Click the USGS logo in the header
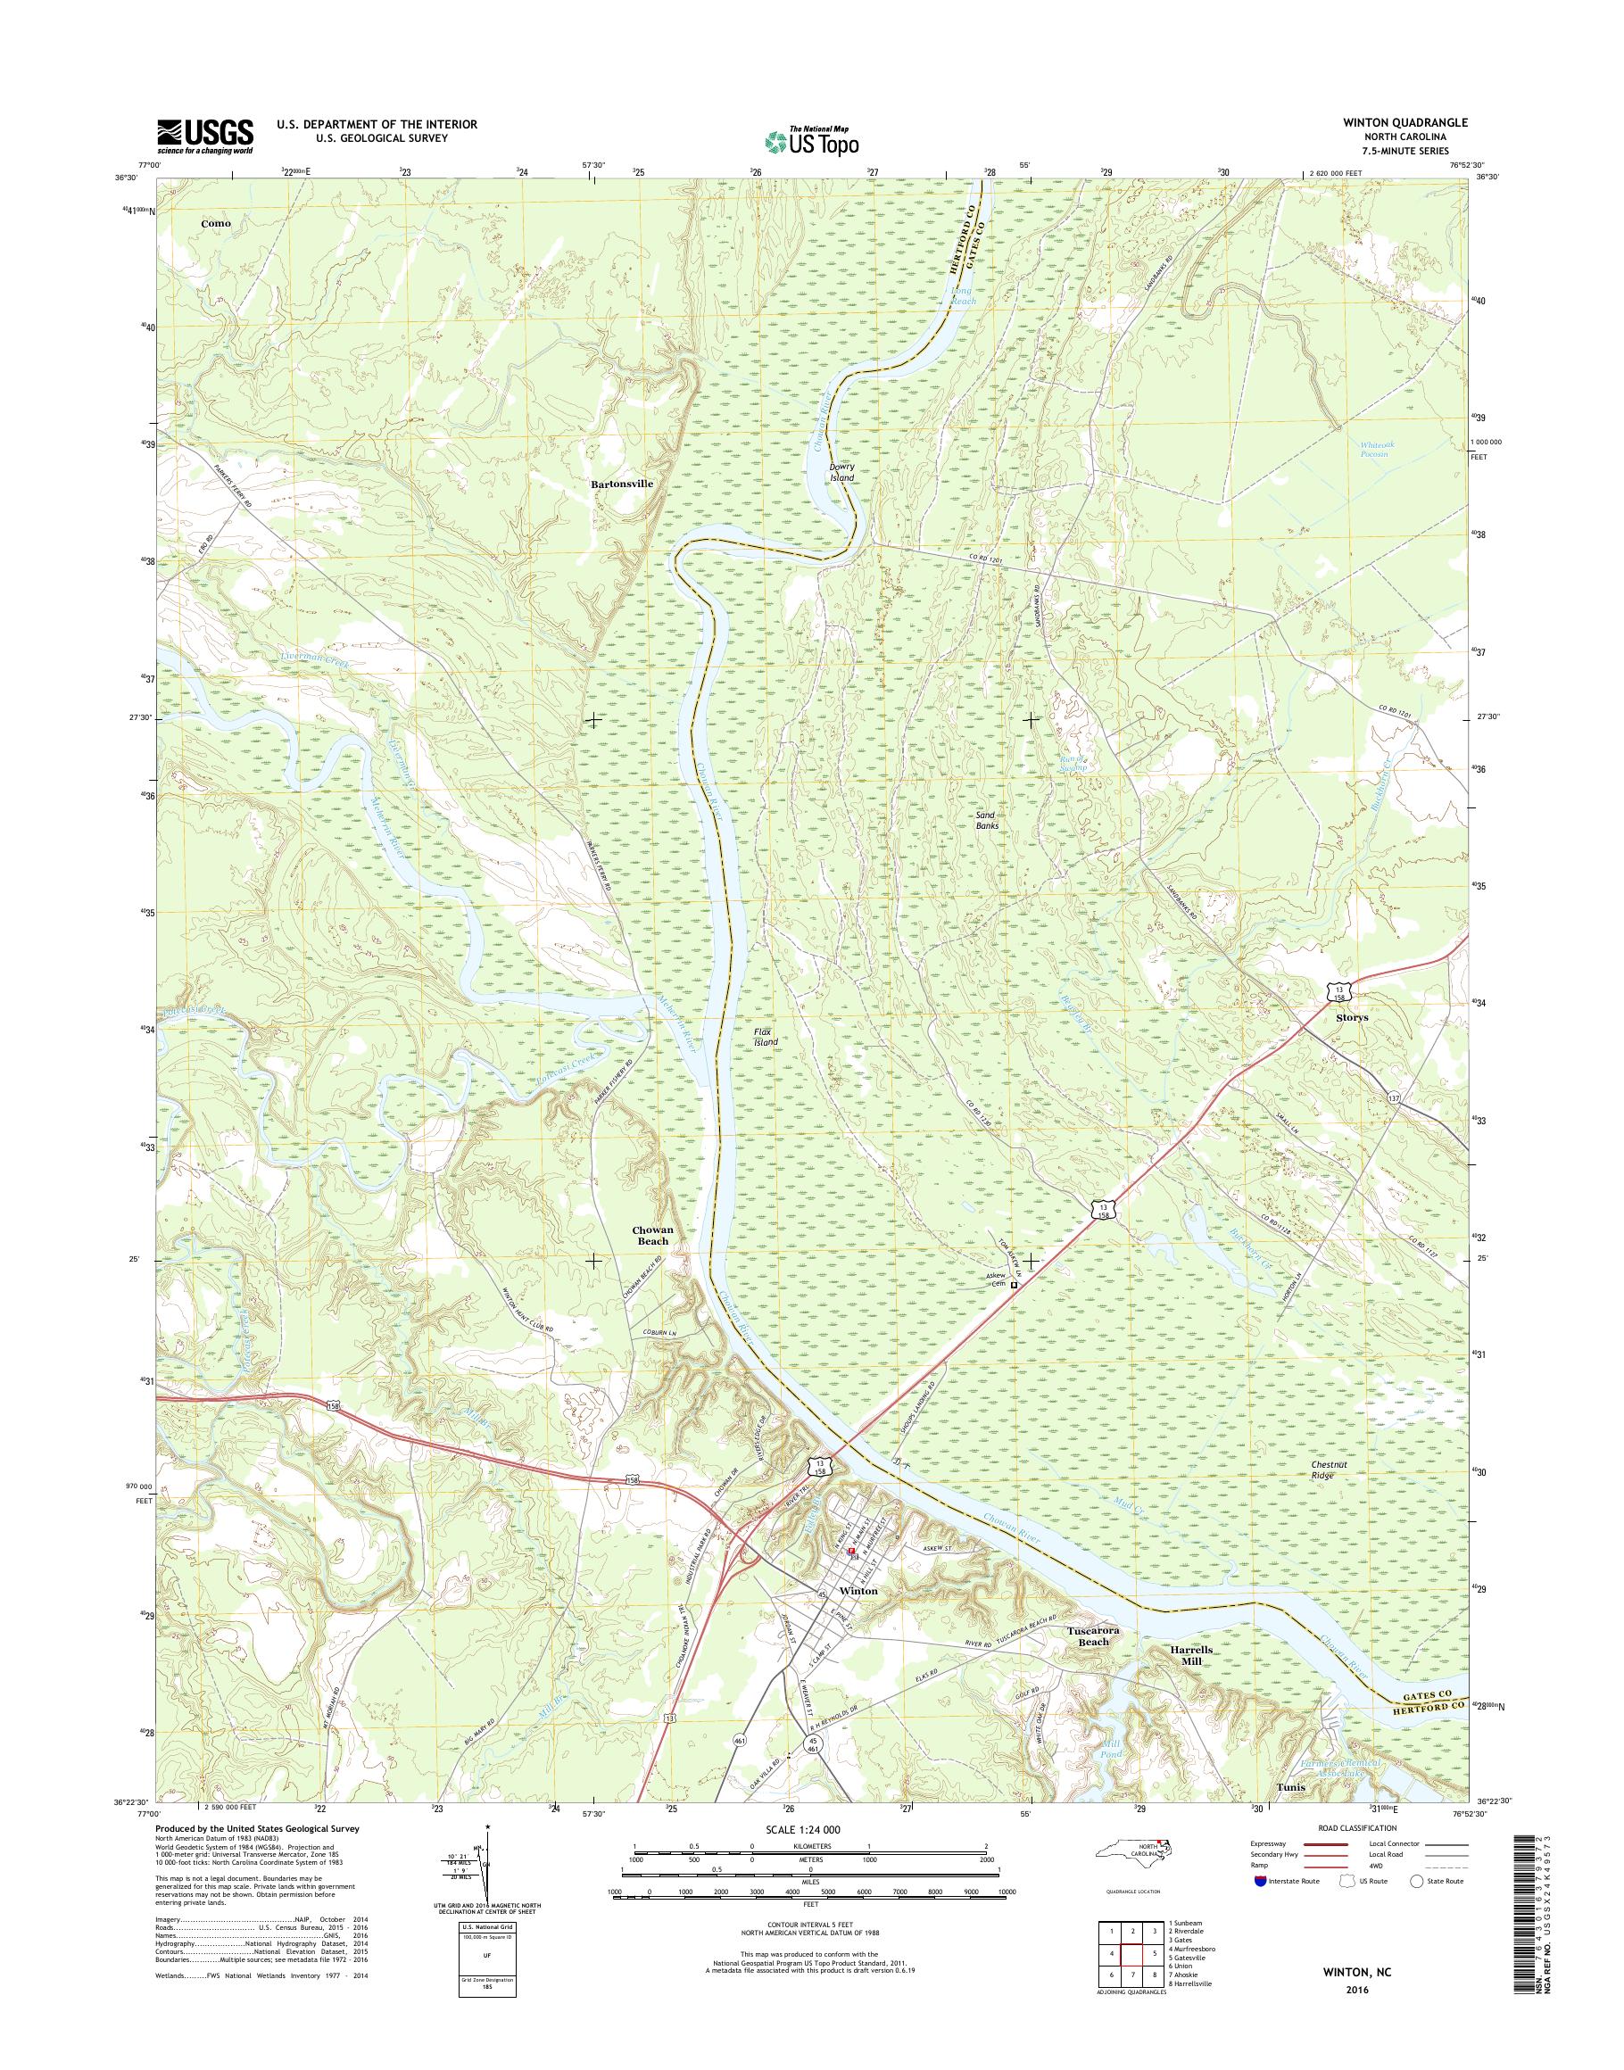pyautogui.click(x=205, y=135)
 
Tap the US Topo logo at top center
pyautogui.click(x=812, y=141)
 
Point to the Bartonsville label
pyautogui.click(x=622, y=483)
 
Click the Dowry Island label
pyautogui.click(x=841, y=472)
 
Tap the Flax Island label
pyautogui.click(x=766, y=1037)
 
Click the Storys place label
pyautogui.click(x=1351, y=1016)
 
